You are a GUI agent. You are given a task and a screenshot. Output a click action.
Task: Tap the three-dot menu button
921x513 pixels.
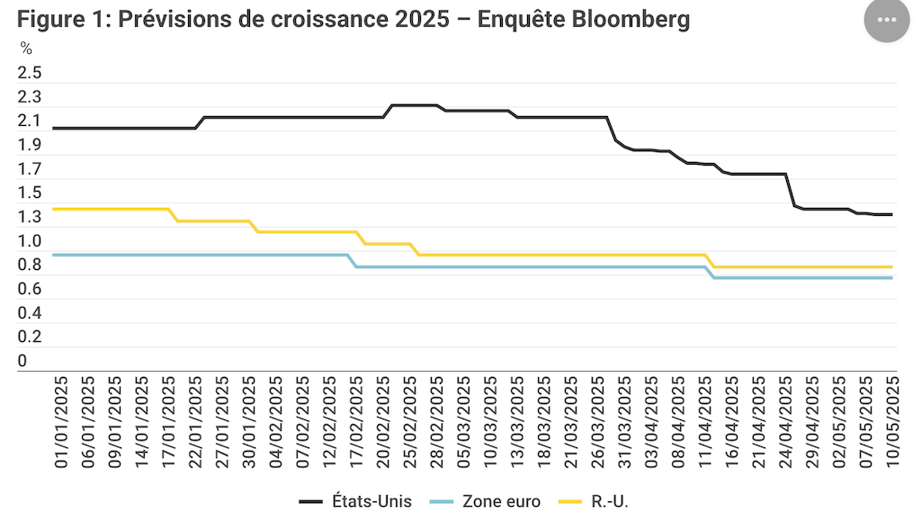pos(887,20)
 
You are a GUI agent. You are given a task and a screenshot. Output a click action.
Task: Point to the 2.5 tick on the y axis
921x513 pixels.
pos(30,73)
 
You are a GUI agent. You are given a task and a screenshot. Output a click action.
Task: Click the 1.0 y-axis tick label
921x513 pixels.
pos(30,241)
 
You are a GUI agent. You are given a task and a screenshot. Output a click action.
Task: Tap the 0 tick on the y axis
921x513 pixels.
pos(22,361)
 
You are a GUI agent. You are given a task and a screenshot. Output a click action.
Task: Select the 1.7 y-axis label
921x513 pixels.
pos(30,169)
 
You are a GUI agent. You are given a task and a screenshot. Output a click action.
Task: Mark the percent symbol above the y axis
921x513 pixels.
pos(26,48)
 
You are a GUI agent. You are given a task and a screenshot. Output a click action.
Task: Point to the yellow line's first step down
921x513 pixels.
pos(173,215)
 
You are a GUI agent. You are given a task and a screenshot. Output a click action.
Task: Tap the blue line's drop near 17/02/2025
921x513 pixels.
pos(353,261)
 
